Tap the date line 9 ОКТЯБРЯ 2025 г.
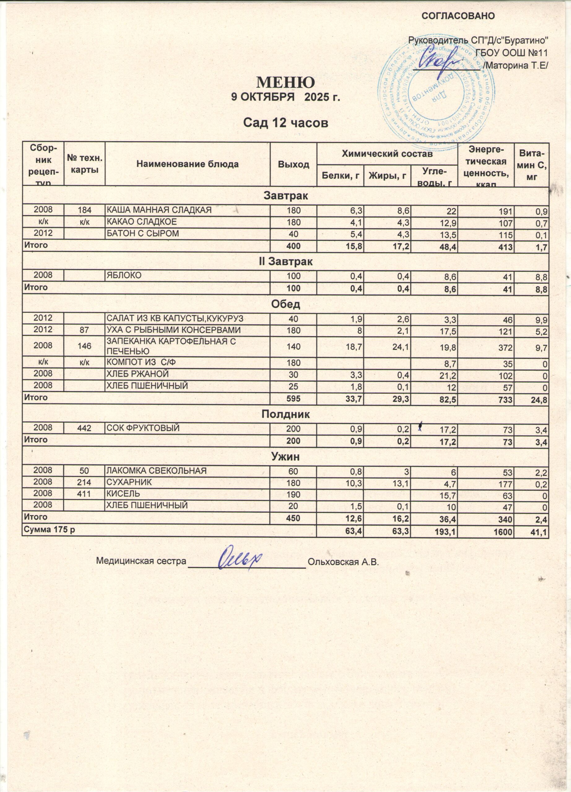coord(286,97)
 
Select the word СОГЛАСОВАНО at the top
coord(458,16)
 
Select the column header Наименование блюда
coord(188,164)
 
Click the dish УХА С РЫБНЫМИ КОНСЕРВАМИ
coord(173,330)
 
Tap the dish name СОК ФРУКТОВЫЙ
coord(143,428)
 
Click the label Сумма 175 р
coord(49,530)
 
